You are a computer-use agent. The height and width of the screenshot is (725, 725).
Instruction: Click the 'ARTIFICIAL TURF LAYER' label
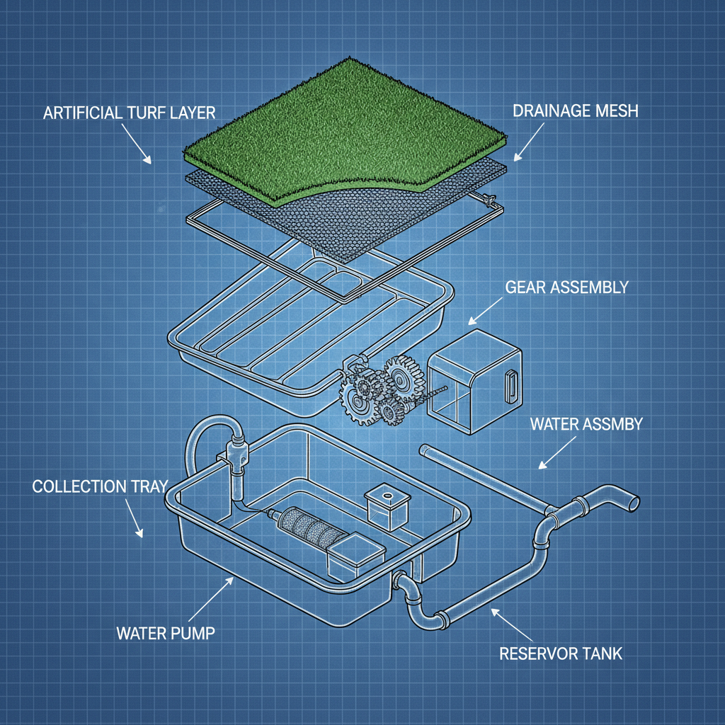click(130, 113)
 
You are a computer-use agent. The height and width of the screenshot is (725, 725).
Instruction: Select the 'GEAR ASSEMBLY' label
click(566, 287)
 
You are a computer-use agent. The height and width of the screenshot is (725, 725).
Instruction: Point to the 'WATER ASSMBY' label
click(586, 424)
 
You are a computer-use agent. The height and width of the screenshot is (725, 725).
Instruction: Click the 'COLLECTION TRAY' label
click(100, 486)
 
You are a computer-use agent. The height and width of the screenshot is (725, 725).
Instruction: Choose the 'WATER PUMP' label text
click(166, 632)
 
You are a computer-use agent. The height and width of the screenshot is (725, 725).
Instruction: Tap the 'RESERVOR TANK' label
click(561, 652)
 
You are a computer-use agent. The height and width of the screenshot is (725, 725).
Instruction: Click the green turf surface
click(340, 127)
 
